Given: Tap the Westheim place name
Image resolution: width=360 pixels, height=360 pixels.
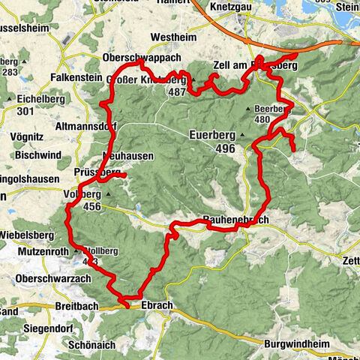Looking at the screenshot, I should click(172, 37).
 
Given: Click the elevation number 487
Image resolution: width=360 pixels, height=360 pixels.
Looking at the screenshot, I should click(177, 91).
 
